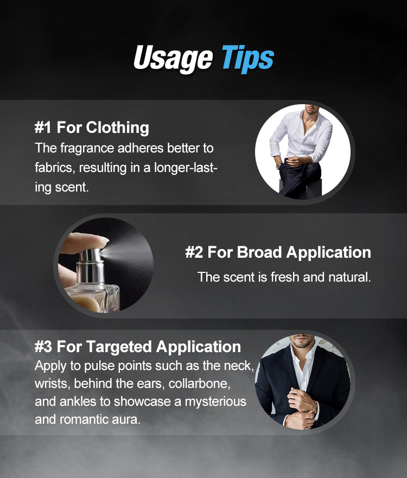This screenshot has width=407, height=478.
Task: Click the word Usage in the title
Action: [x=173, y=59]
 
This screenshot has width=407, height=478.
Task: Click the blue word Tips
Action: [x=248, y=59]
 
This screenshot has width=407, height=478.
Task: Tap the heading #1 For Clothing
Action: [x=92, y=128]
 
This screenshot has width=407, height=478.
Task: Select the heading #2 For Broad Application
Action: [x=278, y=252]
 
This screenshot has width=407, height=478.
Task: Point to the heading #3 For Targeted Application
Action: [x=138, y=347]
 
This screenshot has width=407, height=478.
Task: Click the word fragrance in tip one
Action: [x=87, y=149]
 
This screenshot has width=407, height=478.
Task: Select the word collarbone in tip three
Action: [x=199, y=384]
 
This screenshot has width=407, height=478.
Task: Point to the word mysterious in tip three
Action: [x=215, y=402]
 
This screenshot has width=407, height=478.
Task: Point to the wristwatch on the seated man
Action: [x=278, y=166]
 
